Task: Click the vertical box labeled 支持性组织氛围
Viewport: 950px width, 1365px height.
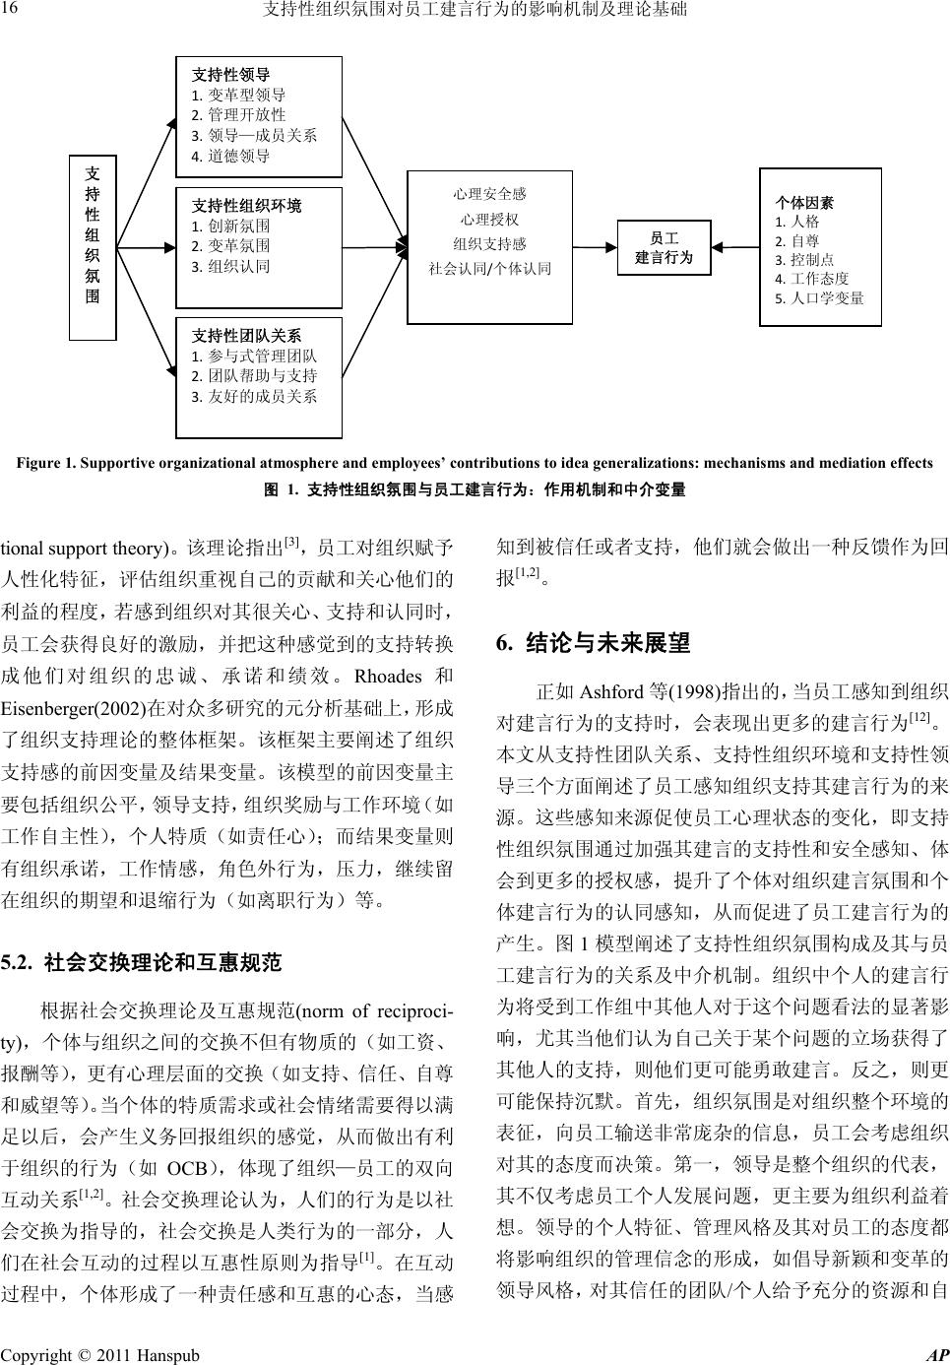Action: point(92,246)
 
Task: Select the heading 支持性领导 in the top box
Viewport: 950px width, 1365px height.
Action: point(231,74)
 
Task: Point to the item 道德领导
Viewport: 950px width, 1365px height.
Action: point(230,156)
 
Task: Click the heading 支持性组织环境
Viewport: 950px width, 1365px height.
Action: point(247,206)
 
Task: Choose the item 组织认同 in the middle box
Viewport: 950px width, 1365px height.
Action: point(230,266)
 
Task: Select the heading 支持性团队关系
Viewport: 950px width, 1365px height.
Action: point(247,336)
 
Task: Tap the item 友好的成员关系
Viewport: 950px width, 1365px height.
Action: point(254,396)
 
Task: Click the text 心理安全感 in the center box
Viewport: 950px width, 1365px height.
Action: point(489,195)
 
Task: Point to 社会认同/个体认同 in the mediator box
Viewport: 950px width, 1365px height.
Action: point(489,268)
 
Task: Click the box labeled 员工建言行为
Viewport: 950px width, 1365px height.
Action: point(665,248)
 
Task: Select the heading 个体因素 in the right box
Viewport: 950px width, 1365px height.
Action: point(804,203)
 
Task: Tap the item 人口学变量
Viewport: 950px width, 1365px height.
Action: point(819,297)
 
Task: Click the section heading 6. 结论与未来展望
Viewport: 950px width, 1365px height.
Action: point(594,644)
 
